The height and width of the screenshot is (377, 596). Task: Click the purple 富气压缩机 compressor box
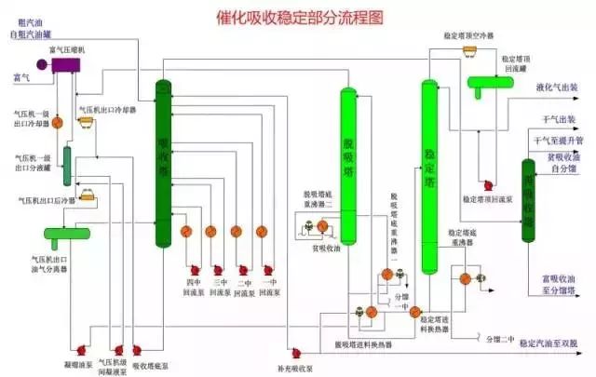coord(67,63)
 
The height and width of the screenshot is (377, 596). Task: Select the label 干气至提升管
coord(558,140)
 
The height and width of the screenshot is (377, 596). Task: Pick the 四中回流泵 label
coord(193,285)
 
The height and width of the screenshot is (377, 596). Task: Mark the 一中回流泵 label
coord(271,285)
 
